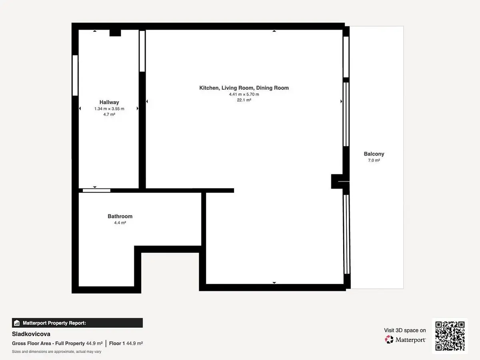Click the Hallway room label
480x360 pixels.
[x=109, y=102]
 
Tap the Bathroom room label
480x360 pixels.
[x=120, y=216]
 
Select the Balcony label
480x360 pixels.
[x=374, y=154]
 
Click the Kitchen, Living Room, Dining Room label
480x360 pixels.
[x=244, y=88]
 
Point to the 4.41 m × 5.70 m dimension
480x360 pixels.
[x=244, y=94]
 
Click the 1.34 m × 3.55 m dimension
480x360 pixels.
[x=109, y=109]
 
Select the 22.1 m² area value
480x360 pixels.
[x=244, y=100]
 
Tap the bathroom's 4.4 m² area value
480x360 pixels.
[x=120, y=223]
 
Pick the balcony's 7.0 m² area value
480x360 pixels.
[x=374, y=160]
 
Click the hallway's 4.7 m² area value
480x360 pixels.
[x=109, y=114]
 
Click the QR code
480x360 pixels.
[x=450, y=336]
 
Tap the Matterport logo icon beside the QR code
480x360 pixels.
[x=389, y=340]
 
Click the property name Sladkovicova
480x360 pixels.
[x=31, y=334]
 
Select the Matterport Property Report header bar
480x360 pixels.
[x=78, y=323]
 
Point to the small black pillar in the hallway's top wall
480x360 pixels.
[x=115, y=33]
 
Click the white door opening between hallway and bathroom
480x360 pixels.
[x=96, y=191]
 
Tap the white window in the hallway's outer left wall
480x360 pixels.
[x=75, y=76]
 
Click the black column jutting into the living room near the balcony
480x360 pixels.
[x=337, y=182]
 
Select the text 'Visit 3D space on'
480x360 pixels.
[x=405, y=330]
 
